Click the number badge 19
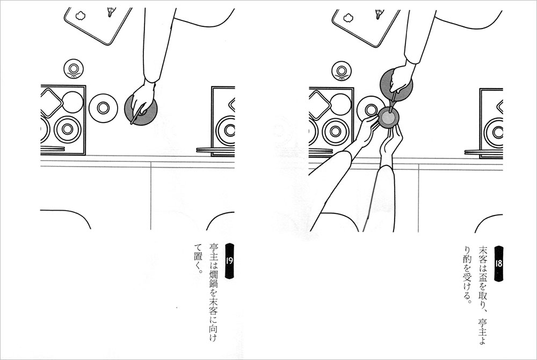coord(229,261)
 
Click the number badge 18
coord(498,263)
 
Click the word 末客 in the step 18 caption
coord(483,252)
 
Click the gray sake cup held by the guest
coord(388,118)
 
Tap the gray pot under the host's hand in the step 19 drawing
coord(141,110)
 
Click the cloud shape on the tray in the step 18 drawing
coord(349,17)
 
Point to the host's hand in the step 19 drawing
coord(143,99)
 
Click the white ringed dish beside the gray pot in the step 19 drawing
coord(103,108)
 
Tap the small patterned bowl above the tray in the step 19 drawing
coord(73,69)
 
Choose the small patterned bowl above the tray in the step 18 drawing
coord(342,71)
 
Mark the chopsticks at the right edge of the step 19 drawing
coord(215,150)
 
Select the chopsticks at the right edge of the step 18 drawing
coord(484,152)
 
